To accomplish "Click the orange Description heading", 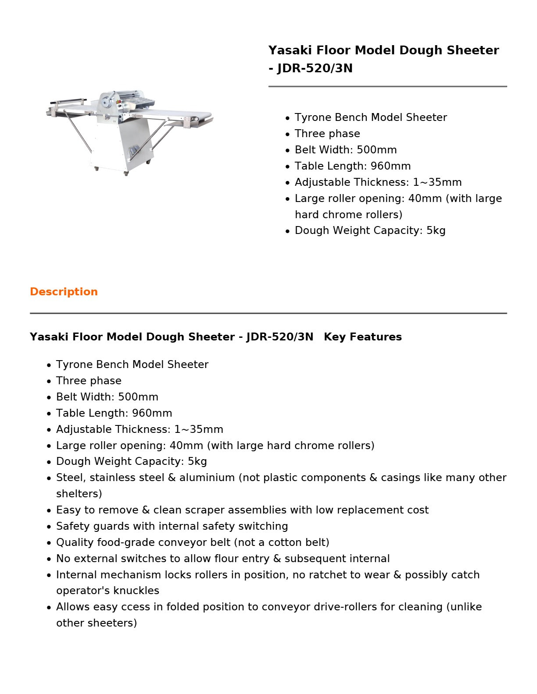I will [64, 292].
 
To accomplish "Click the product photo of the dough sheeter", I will [129, 131].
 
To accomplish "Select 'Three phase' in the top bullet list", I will [327, 134].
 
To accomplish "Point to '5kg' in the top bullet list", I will [436, 230].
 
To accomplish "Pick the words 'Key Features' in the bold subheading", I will [363, 337].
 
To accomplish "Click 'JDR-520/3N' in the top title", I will [315, 68].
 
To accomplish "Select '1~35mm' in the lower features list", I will [199, 429].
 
